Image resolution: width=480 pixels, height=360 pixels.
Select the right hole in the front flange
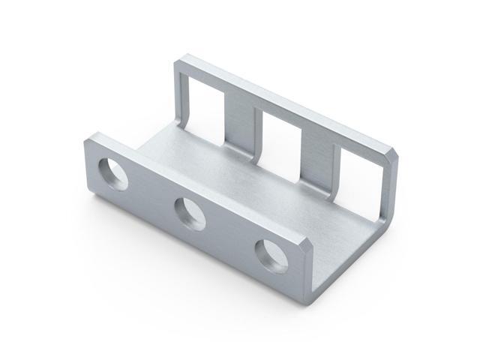pos(270,254)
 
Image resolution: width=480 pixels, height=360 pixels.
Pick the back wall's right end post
pos(387,195)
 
